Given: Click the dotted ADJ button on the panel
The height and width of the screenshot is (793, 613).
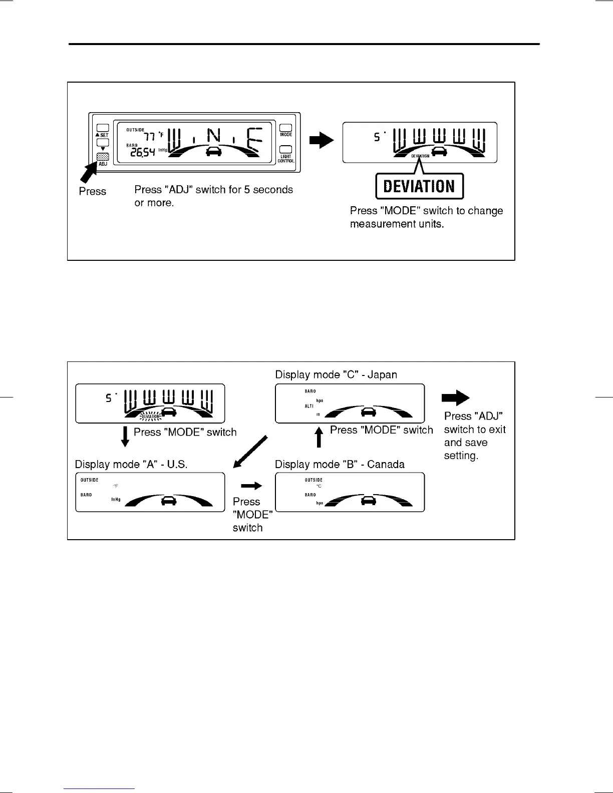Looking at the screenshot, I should [103, 157].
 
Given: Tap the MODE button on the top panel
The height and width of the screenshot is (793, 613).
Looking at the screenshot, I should [285, 128].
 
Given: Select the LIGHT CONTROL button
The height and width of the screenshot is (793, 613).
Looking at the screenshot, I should [285, 149].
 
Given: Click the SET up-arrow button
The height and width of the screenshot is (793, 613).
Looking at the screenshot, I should [103, 128].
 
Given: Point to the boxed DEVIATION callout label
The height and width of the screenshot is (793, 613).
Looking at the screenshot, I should [419, 186].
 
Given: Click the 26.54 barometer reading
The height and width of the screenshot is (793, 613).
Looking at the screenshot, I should [142, 152].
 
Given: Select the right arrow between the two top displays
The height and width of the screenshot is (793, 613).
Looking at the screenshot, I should [321, 140].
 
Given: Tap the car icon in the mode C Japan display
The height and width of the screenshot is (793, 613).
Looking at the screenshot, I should [369, 412].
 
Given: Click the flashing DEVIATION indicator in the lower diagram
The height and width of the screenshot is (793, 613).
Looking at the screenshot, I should [150, 416].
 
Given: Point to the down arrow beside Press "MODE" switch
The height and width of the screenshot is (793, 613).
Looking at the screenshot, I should [125, 436].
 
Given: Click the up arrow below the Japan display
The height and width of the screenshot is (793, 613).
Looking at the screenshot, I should [319, 437].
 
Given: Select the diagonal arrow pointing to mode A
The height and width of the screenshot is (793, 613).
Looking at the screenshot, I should [250, 452].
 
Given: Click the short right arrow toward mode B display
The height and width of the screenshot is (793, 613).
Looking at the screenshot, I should [251, 486].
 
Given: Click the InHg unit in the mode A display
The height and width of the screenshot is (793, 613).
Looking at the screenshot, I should [116, 499].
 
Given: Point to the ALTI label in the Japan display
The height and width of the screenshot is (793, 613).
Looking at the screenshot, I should [309, 406].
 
